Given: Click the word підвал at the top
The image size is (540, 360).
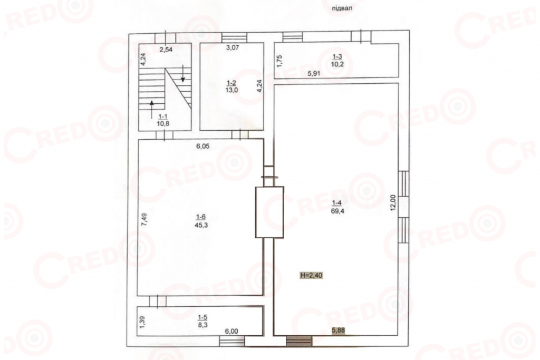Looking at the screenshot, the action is (x=342, y=8).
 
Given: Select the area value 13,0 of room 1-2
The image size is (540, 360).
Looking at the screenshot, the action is (x=232, y=90).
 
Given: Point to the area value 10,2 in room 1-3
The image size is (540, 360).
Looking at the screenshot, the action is (x=337, y=64).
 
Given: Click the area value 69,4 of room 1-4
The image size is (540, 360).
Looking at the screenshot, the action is (x=338, y=211).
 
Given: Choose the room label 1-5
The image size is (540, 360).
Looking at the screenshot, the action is (x=202, y=317).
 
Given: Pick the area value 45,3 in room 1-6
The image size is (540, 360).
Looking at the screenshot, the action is (x=201, y=226).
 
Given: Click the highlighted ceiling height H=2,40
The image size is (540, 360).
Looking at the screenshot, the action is (x=311, y=275).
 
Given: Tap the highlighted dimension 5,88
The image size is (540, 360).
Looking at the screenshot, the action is (x=338, y=330).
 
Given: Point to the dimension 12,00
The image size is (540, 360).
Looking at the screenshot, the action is (x=393, y=203).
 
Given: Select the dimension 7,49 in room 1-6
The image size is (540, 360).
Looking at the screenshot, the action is (x=144, y=220).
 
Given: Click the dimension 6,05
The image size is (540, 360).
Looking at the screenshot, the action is (x=203, y=147).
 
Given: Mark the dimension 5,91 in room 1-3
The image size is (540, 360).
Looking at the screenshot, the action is (x=314, y=73).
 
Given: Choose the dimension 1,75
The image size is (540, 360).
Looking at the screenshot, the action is (x=279, y=61).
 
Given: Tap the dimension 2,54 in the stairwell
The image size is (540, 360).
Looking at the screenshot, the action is (x=166, y=50).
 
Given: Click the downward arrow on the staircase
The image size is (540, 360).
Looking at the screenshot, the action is (x=183, y=74).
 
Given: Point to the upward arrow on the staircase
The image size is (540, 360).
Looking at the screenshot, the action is (x=152, y=110).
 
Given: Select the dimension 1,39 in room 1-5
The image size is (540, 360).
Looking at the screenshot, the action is (x=142, y=321).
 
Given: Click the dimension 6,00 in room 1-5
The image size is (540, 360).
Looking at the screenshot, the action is (x=232, y=331).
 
